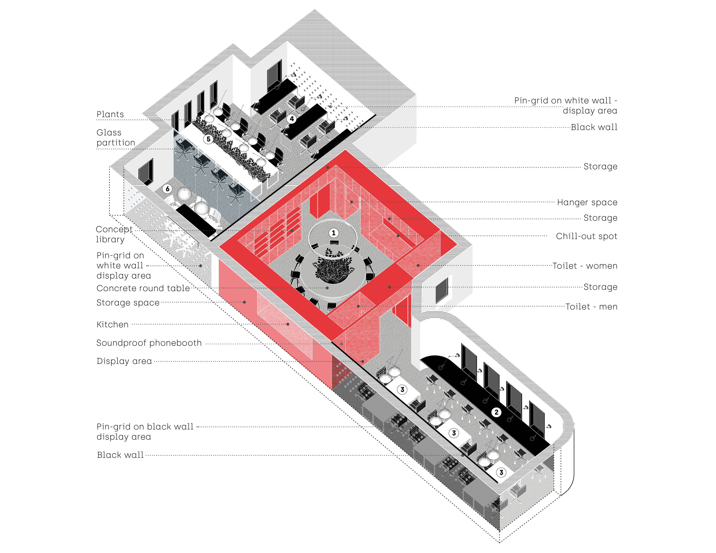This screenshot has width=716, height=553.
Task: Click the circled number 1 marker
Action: [x=333, y=233]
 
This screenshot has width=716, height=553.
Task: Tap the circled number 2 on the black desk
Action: [x=496, y=412]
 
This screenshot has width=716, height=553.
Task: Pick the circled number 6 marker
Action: [x=167, y=189]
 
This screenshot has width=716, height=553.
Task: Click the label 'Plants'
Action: [x=110, y=114]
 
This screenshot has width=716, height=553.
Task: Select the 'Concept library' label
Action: [x=114, y=234]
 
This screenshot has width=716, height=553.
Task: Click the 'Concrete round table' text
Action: [x=143, y=288]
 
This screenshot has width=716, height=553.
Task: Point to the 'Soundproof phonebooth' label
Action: [x=149, y=343]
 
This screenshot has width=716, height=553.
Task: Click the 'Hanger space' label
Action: [x=587, y=202]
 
